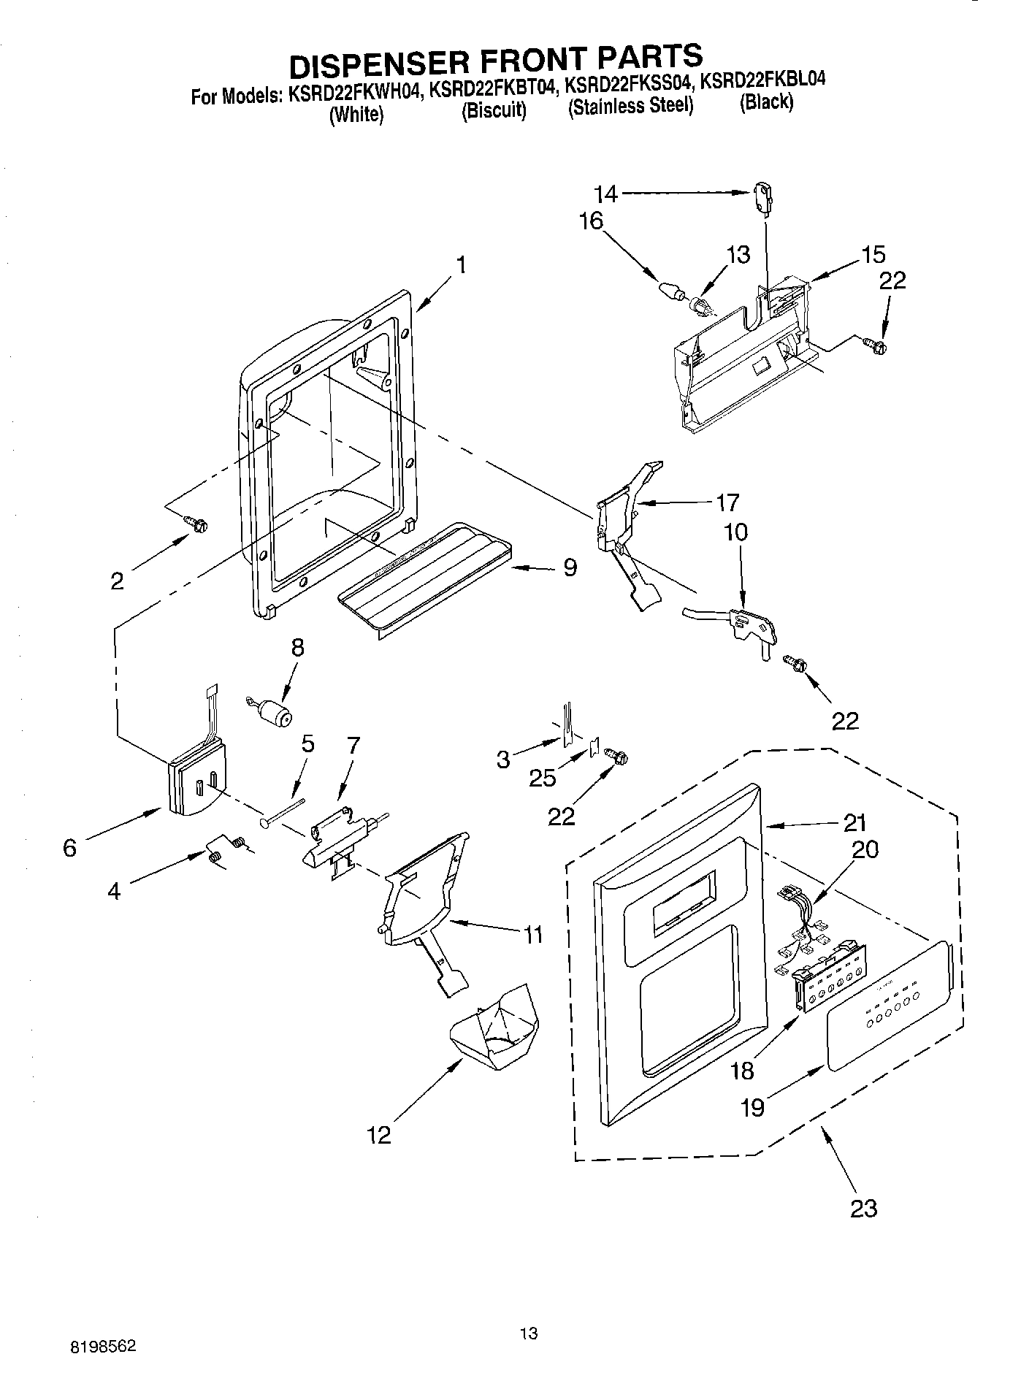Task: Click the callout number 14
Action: coord(605,194)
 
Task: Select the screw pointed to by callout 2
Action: coord(196,523)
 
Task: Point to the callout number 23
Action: coord(863,1208)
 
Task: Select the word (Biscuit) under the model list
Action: coord(494,110)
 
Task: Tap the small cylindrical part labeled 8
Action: coord(273,711)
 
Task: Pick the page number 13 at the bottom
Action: coord(529,1272)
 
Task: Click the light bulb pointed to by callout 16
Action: coord(670,289)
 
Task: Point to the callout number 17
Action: coord(727,502)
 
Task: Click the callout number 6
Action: coord(69,848)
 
